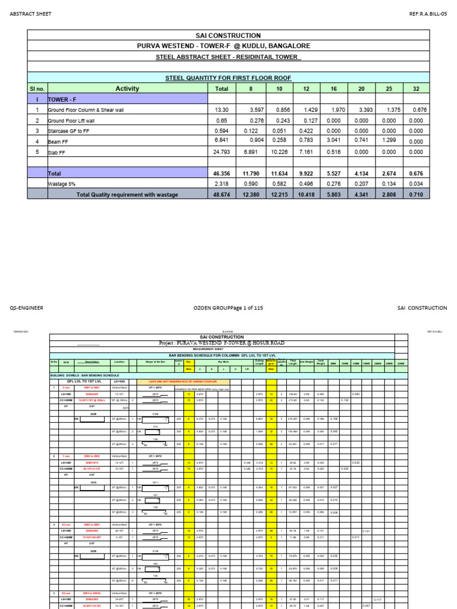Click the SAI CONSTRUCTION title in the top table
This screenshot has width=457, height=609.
228,36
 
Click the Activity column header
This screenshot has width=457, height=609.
127,89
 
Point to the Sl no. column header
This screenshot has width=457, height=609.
37,89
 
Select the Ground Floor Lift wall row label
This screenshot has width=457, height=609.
75,121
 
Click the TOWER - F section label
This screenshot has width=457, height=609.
64,99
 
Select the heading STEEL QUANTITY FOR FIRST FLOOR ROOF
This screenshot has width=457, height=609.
228,78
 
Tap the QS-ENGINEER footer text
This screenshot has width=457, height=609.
26,308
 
